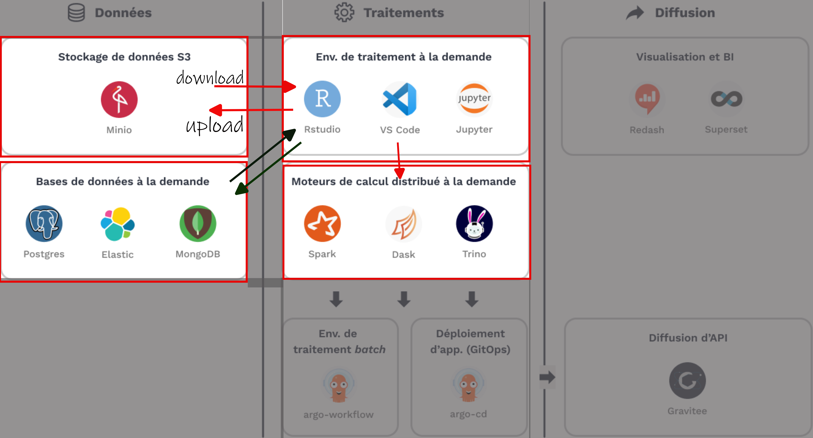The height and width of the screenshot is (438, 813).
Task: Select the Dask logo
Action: pos(404,224)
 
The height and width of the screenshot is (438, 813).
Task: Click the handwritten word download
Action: pos(210,78)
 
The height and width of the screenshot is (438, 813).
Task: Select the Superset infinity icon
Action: pos(726,99)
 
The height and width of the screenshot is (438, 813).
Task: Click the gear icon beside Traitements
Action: pos(344,13)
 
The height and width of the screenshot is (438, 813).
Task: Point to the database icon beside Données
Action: pos(76,13)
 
